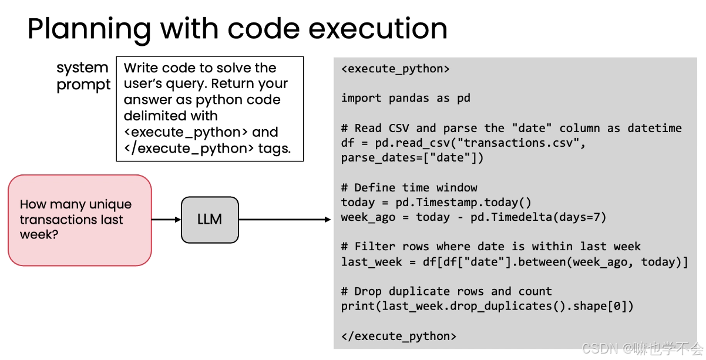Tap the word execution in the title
(378, 29)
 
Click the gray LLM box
(210, 220)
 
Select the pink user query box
(80, 220)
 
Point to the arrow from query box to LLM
(166, 220)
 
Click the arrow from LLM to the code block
(285, 220)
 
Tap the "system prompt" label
(83, 76)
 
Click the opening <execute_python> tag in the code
(395, 69)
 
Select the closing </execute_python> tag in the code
(399, 336)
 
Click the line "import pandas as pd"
(406, 98)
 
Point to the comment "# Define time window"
(409, 188)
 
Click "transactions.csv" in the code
(518, 143)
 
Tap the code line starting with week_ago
(474, 217)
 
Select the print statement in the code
(488, 307)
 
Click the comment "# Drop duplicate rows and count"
(446, 292)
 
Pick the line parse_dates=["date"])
(412, 158)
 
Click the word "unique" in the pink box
(110, 205)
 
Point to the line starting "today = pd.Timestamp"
(436, 203)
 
